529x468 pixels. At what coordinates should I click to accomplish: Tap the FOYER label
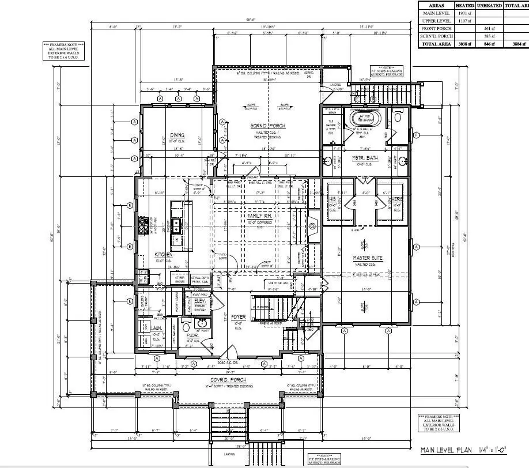238,317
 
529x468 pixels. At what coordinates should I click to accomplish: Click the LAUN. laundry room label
157,328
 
